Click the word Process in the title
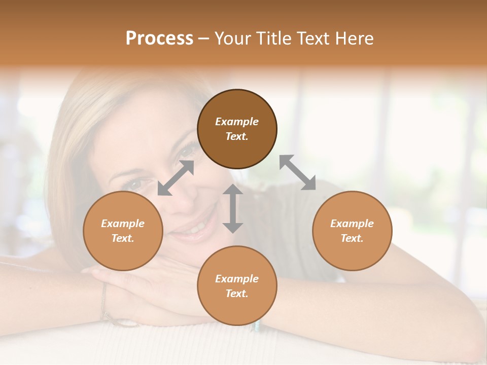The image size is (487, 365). [x=159, y=39]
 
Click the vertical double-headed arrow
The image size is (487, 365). [x=233, y=208]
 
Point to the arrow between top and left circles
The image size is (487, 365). [x=176, y=178]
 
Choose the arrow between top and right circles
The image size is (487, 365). [x=298, y=172]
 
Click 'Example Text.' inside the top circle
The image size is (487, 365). [x=237, y=129]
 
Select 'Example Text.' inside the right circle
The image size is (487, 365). [x=352, y=231]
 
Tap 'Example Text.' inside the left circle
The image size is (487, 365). [x=123, y=231]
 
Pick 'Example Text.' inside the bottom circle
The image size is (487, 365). [x=237, y=286]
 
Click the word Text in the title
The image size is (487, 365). [x=314, y=39]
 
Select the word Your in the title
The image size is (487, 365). [x=231, y=39]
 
